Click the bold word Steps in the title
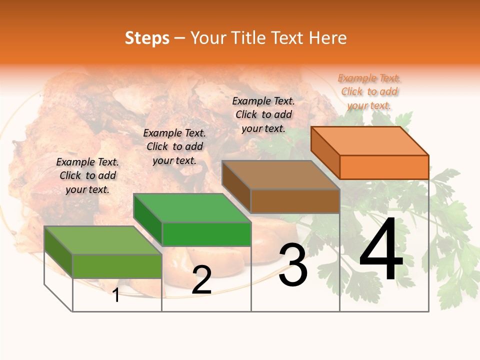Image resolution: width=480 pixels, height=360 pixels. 147,38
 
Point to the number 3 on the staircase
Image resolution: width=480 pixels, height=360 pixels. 293,265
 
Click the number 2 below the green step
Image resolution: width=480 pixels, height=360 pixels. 201,280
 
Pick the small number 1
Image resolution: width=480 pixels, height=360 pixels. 116,295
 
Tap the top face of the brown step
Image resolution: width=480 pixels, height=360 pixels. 280,175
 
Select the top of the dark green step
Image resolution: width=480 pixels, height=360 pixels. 192,208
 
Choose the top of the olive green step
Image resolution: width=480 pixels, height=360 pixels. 103,240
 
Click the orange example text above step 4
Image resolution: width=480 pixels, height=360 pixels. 369,91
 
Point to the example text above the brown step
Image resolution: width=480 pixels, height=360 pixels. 263,114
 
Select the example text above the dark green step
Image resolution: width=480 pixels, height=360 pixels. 174,146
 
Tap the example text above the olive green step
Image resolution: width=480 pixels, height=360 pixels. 87,175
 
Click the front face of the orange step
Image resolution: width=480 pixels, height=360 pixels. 384,167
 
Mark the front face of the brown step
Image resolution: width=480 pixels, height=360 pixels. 295,201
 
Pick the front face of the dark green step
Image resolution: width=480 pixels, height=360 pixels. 206,234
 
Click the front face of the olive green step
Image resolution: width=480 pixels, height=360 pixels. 117,266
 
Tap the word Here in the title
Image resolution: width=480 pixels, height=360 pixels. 328,38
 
